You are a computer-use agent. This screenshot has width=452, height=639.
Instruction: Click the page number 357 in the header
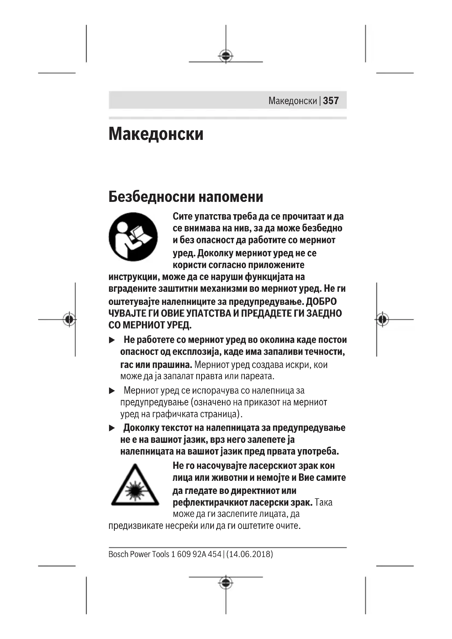point(331,101)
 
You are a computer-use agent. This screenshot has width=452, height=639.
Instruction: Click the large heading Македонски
point(156,134)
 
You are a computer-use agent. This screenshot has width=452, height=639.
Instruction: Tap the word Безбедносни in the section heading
point(150,197)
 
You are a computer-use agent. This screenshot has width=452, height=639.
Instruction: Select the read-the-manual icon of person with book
point(133,237)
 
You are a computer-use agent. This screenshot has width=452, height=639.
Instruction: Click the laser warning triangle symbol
point(135,486)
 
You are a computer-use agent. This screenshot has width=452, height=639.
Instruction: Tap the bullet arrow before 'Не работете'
point(112,340)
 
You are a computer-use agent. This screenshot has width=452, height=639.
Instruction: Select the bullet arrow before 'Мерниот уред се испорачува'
point(112,391)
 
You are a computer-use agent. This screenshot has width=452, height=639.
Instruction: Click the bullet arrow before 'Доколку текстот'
point(112,428)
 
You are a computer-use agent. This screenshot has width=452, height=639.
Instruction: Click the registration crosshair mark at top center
point(226,56)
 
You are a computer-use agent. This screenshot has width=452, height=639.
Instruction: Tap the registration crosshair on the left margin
point(69,319)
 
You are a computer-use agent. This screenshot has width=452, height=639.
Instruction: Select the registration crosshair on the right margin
point(382,319)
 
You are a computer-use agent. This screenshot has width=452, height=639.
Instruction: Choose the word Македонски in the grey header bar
point(292,101)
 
